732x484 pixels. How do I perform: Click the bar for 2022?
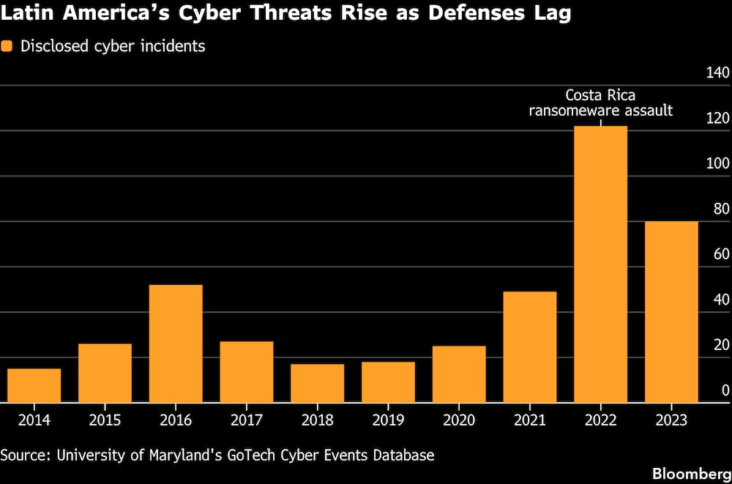[x=600, y=264]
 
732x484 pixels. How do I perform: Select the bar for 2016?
[x=176, y=343]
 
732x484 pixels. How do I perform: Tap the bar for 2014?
[x=34, y=385]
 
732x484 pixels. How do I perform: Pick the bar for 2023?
[x=671, y=312]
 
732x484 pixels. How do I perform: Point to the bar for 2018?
[x=318, y=383]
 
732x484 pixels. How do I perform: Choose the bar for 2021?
[x=530, y=346]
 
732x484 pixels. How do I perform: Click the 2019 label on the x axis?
[x=388, y=420]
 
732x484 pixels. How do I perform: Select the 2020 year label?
[x=459, y=420]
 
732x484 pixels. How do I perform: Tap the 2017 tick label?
[x=247, y=420]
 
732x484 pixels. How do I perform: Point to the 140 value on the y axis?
[x=717, y=73]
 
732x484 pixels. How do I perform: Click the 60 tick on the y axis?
[x=721, y=255]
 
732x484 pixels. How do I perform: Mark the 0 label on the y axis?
[x=725, y=390]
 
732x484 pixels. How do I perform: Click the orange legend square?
[x=7, y=46]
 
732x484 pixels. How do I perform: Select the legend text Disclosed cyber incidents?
[x=113, y=47]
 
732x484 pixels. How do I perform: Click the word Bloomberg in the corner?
[x=692, y=474]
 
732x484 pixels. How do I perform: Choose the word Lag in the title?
[x=554, y=15]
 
